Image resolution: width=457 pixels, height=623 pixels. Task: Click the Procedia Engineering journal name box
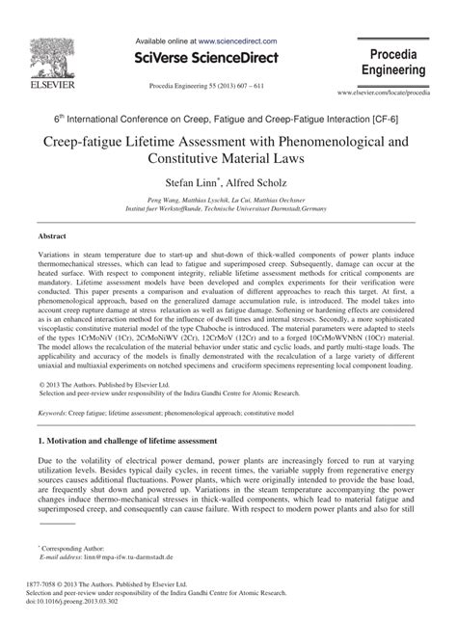(x=394, y=60)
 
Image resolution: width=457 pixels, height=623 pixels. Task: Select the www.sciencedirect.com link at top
(x=239, y=42)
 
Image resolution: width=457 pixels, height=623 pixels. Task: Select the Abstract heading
(x=52, y=235)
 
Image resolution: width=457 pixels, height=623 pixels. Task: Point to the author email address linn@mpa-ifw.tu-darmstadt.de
(x=126, y=556)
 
